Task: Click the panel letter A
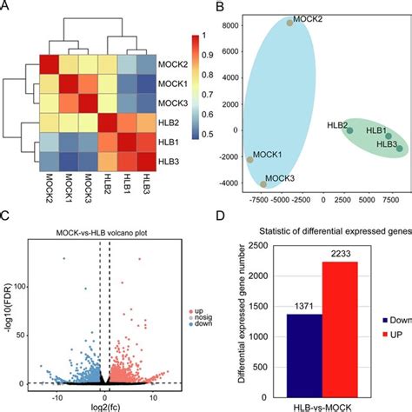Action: [x=6, y=7]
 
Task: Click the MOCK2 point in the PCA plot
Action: [x=289, y=23]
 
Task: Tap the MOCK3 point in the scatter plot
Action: [x=263, y=184]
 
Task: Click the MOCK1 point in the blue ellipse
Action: [x=250, y=159]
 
